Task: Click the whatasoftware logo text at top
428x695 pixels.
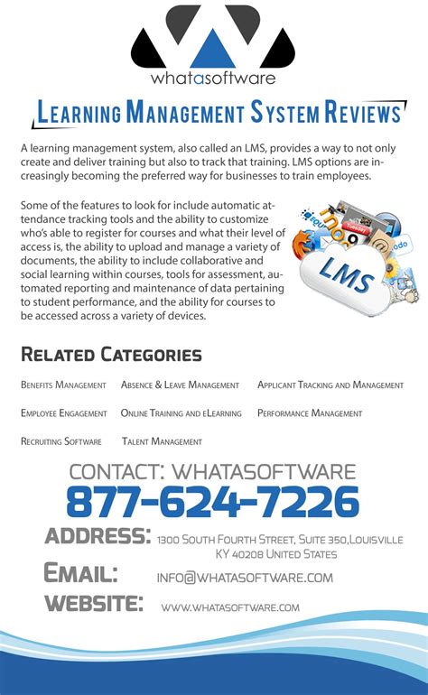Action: tap(213, 78)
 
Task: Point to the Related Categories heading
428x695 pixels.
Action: tap(111, 355)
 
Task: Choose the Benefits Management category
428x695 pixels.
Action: tap(63, 385)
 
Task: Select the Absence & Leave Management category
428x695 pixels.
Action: tap(180, 385)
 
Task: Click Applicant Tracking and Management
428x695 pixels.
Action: tap(330, 385)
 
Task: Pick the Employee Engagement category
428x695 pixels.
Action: tap(64, 413)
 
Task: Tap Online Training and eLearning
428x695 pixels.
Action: tap(181, 413)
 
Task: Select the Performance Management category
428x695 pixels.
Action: tap(310, 413)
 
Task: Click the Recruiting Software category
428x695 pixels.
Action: tap(60, 441)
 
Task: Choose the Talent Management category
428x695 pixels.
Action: tap(162, 441)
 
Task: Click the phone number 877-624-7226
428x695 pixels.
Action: tap(212, 502)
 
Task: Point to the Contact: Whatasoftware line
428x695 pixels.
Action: tap(212, 471)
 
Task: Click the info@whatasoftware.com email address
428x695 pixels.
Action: tap(245, 578)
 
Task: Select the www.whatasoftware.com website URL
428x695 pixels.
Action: tap(230, 607)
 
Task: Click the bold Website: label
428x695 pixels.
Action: tap(93, 604)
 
